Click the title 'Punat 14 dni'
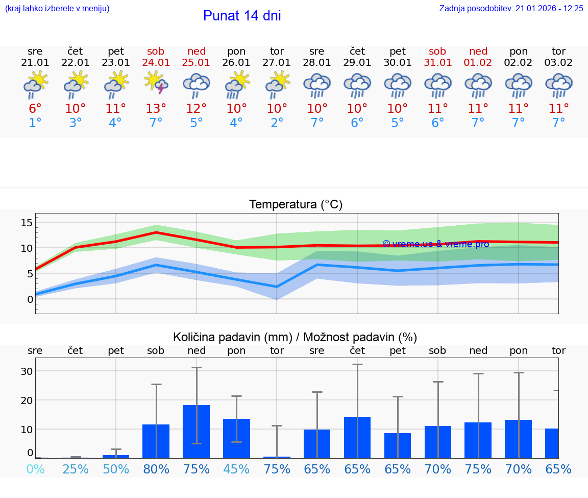pos(242,16)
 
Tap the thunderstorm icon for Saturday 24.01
pos(156,83)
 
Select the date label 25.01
pos(197,62)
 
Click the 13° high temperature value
pos(156,108)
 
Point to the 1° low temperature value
pos(35,123)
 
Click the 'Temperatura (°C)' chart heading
pos(296,204)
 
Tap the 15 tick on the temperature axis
pos(27,222)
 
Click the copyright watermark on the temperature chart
pos(435,244)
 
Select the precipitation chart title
pos(295,337)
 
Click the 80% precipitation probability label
pos(156,469)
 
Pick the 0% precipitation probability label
pos(35,469)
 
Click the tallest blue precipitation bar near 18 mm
pos(197,431)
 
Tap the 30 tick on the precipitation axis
pos(27,371)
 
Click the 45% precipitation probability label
pos(237,469)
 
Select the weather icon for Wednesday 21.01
pos(35,84)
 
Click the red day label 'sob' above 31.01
pos(437,51)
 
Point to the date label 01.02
pos(478,62)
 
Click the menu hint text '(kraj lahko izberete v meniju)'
pos(57,8)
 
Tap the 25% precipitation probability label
pos(76,469)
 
